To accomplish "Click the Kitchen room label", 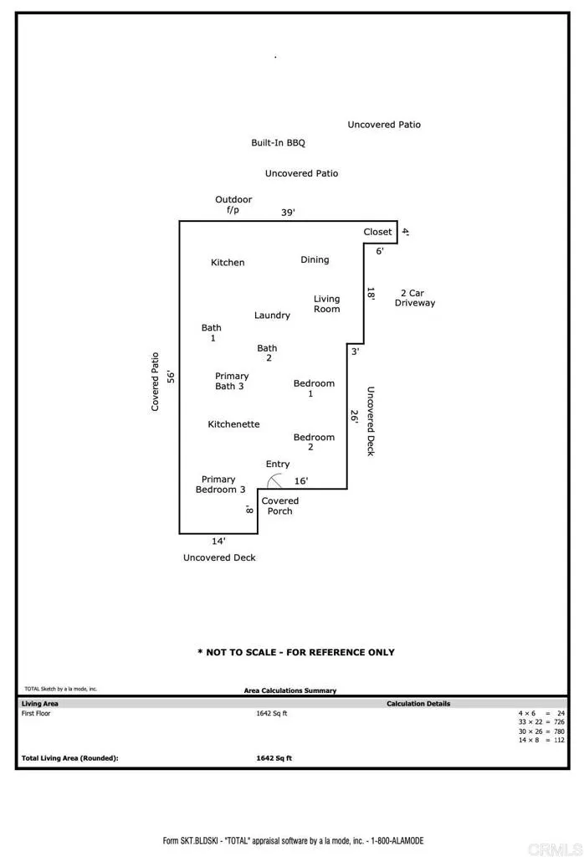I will (x=228, y=263).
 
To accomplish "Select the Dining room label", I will (x=315, y=260).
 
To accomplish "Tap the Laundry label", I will (x=272, y=316).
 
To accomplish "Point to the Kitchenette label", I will (x=233, y=424).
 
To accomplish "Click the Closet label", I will (x=377, y=232).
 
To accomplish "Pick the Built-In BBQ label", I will (x=278, y=143).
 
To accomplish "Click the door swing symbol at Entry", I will (x=274, y=480).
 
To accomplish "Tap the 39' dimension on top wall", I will (x=287, y=213).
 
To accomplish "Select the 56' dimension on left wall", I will (x=170, y=377).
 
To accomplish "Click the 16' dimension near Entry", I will (x=301, y=481).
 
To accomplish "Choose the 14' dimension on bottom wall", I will (x=218, y=541).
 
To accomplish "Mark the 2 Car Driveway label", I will (x=415, y=298).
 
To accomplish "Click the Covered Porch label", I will (x=279, y=506).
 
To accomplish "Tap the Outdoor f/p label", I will (x=233, y=205).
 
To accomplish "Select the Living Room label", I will (x=326, y=304).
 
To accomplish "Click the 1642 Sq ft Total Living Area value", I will (x=274, y=758).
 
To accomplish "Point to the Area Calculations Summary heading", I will (x=289, y=690).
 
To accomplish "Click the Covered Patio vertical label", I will (x=155, y=381).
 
